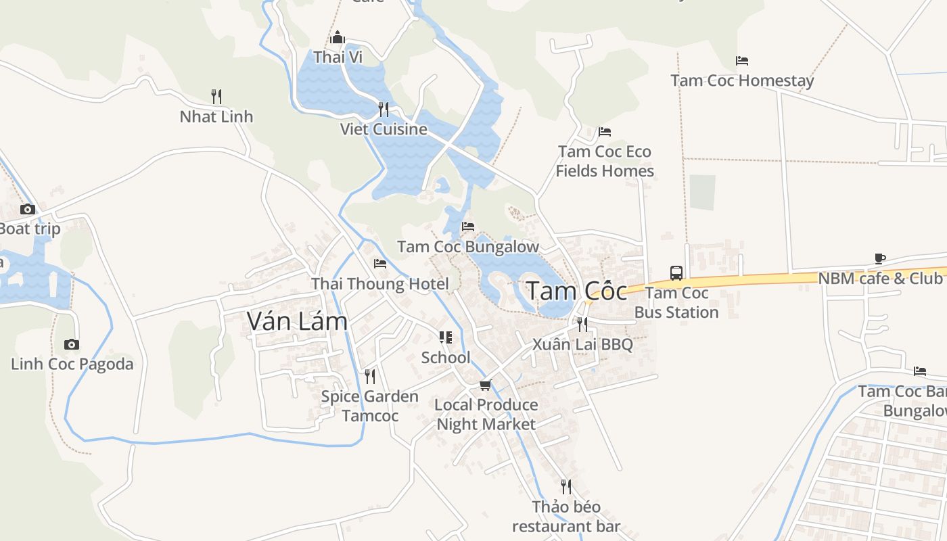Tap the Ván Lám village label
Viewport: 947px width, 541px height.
(x=297, y=321)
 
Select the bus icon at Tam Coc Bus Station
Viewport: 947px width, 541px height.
(x=676, y=273)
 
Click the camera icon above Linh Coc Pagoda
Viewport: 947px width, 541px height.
(x=72, y=345)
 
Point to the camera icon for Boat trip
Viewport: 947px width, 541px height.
(x=28, y=209)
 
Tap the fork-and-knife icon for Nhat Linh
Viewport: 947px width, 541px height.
(x=216, y=96)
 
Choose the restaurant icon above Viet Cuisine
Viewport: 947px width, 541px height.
(x=384, y=109)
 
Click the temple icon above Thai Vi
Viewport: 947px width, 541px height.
(x=338, y=37)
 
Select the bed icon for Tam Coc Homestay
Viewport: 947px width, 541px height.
(x=742, y=61)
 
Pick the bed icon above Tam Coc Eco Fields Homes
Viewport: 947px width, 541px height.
(x=605, y=131)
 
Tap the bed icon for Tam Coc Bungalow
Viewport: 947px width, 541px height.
(x=468, y=227)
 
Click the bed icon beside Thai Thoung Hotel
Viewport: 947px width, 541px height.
(x=380, y=264)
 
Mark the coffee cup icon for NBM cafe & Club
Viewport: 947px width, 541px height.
(x=880, y=258)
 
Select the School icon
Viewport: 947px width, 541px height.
(x=446, y=337)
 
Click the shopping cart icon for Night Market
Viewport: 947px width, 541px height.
(x=485, y=385)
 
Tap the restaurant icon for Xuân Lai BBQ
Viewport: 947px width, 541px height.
(x=582, y=325)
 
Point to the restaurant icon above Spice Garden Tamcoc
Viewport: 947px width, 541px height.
(x=370, y=376)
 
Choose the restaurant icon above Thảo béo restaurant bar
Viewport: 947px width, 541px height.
(x=566, y=486)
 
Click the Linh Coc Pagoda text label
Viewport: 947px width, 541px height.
(x=72, y=364)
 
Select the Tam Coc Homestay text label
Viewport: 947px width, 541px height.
(x=742, y=80)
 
